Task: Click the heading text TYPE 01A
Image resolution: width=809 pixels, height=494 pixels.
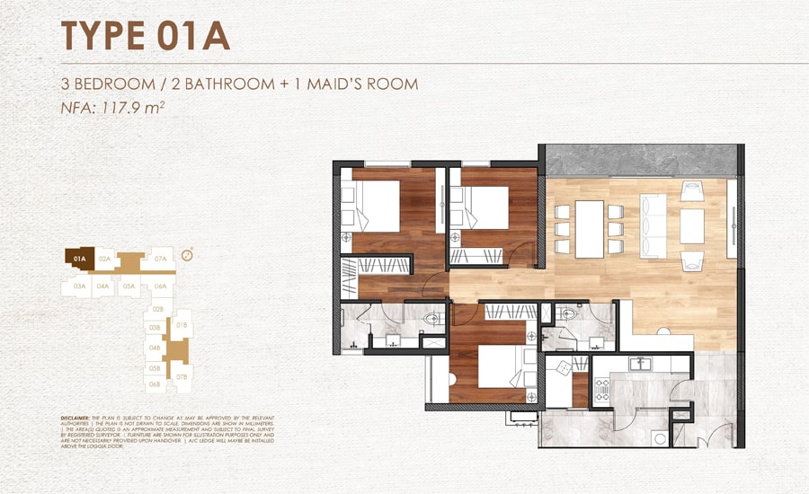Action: (145, 35)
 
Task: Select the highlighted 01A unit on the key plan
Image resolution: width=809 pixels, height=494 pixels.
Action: (79, 258)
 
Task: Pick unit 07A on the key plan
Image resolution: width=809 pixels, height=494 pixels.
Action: (161, 259)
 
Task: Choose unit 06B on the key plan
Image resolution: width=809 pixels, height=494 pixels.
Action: (155, 384)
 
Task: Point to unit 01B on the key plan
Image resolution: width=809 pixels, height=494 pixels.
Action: (182, 324)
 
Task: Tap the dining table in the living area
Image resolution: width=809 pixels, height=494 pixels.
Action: (590, 228)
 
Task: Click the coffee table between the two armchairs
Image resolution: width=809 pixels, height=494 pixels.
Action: (691, 226)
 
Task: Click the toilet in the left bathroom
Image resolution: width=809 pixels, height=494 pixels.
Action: (432, 318)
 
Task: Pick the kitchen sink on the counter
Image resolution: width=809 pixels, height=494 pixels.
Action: (641, 364)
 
